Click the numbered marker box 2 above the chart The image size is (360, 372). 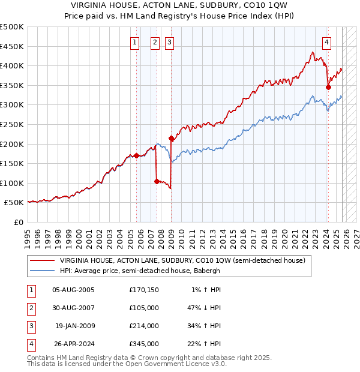pyautogui.click(x=155, y=43)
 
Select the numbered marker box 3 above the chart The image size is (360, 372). pyautogui.click(x=170, y=43)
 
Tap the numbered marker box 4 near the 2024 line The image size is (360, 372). pyautogui.click(x=326, y=43)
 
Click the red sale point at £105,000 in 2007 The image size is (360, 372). pyautogui.click(x=157, y=181)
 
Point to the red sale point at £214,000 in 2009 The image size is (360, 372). pyautogui.click(x=172, y=139)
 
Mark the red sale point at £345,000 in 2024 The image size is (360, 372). pyautogui.click(x=328, y=87)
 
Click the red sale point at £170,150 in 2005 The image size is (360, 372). pyautogui.click(x=136, y=155)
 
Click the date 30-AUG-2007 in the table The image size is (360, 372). pyautogui.click(x=73, y=308)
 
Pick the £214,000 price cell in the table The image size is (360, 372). pyautogui.click(x=144, y=326)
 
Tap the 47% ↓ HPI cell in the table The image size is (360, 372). pyautogui.click(x=203, y=308)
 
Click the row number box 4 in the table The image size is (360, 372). pyautogui.click(x=31, y=344)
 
